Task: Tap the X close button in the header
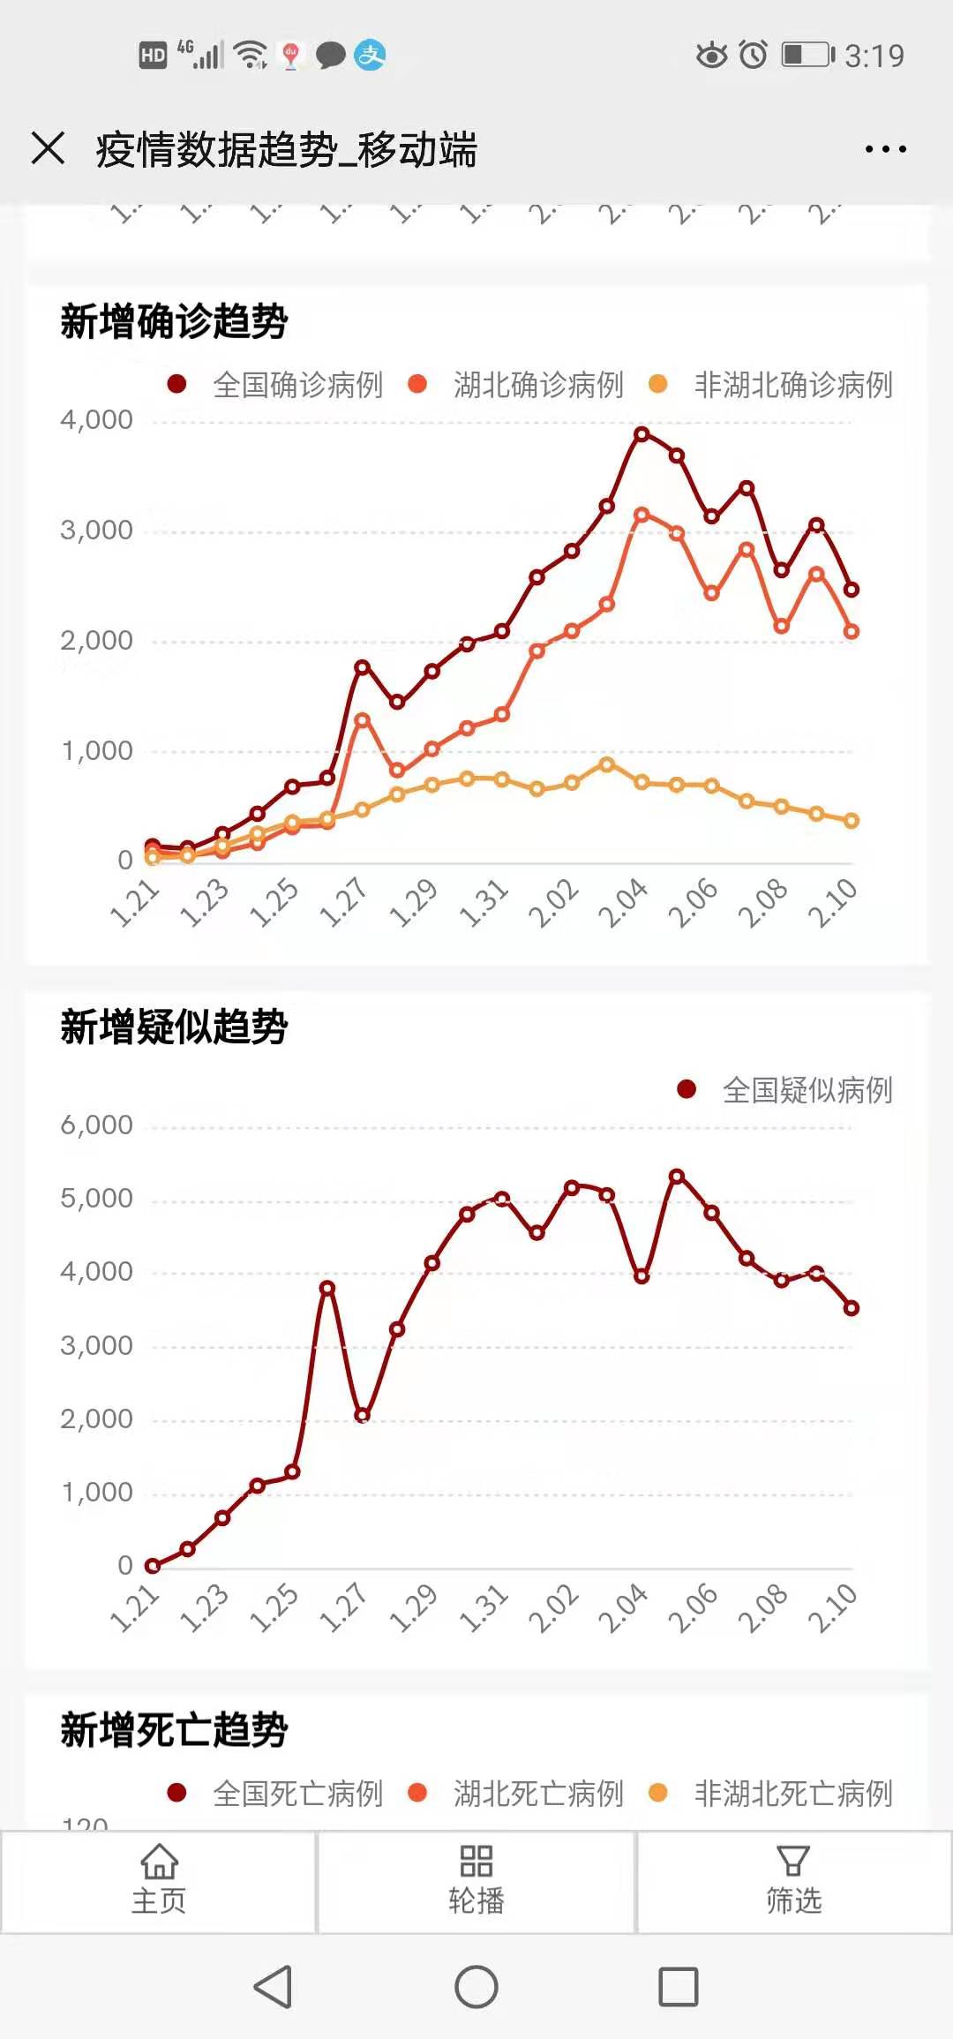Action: point(48,148)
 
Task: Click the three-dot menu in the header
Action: point(885,149)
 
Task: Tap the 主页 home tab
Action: point(159,1881)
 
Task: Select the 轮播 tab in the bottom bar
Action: point(476,1881)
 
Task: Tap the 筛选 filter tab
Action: point(793,1881)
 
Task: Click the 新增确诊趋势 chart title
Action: point(174,320)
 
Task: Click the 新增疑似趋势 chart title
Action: point(174,1027)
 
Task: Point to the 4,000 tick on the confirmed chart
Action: point(96,420)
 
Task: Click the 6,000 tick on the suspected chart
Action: point(96,1125)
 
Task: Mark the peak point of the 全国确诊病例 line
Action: point(642,433)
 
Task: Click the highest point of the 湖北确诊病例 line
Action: point(642,515)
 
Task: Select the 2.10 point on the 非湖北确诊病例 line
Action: point(852,821)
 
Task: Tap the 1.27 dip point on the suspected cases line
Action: point(362,1415)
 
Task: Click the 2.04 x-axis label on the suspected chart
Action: point(624,1608)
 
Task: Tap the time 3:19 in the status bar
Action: point(874,56)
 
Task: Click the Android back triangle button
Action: point(273,1987)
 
